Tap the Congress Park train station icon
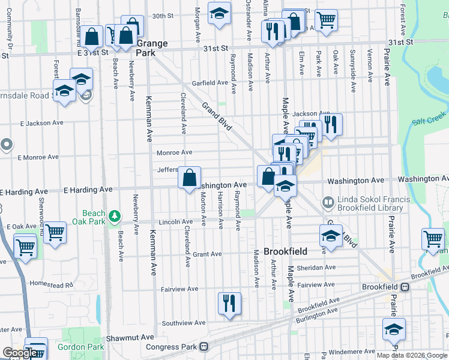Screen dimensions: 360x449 click(x=204, y=347)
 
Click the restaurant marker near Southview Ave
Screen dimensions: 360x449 click(x=228, y=302)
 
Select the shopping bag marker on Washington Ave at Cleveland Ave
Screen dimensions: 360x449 click(x=189, y=178)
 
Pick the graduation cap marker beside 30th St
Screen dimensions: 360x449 click(x=219, y=13)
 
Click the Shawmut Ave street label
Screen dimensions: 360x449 click(x=127, y=339)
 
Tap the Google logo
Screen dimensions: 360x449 click(x=20, y=353)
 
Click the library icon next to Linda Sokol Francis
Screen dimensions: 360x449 click(x=327, y=203)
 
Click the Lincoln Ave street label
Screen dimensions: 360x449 click(x=175, y=222)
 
